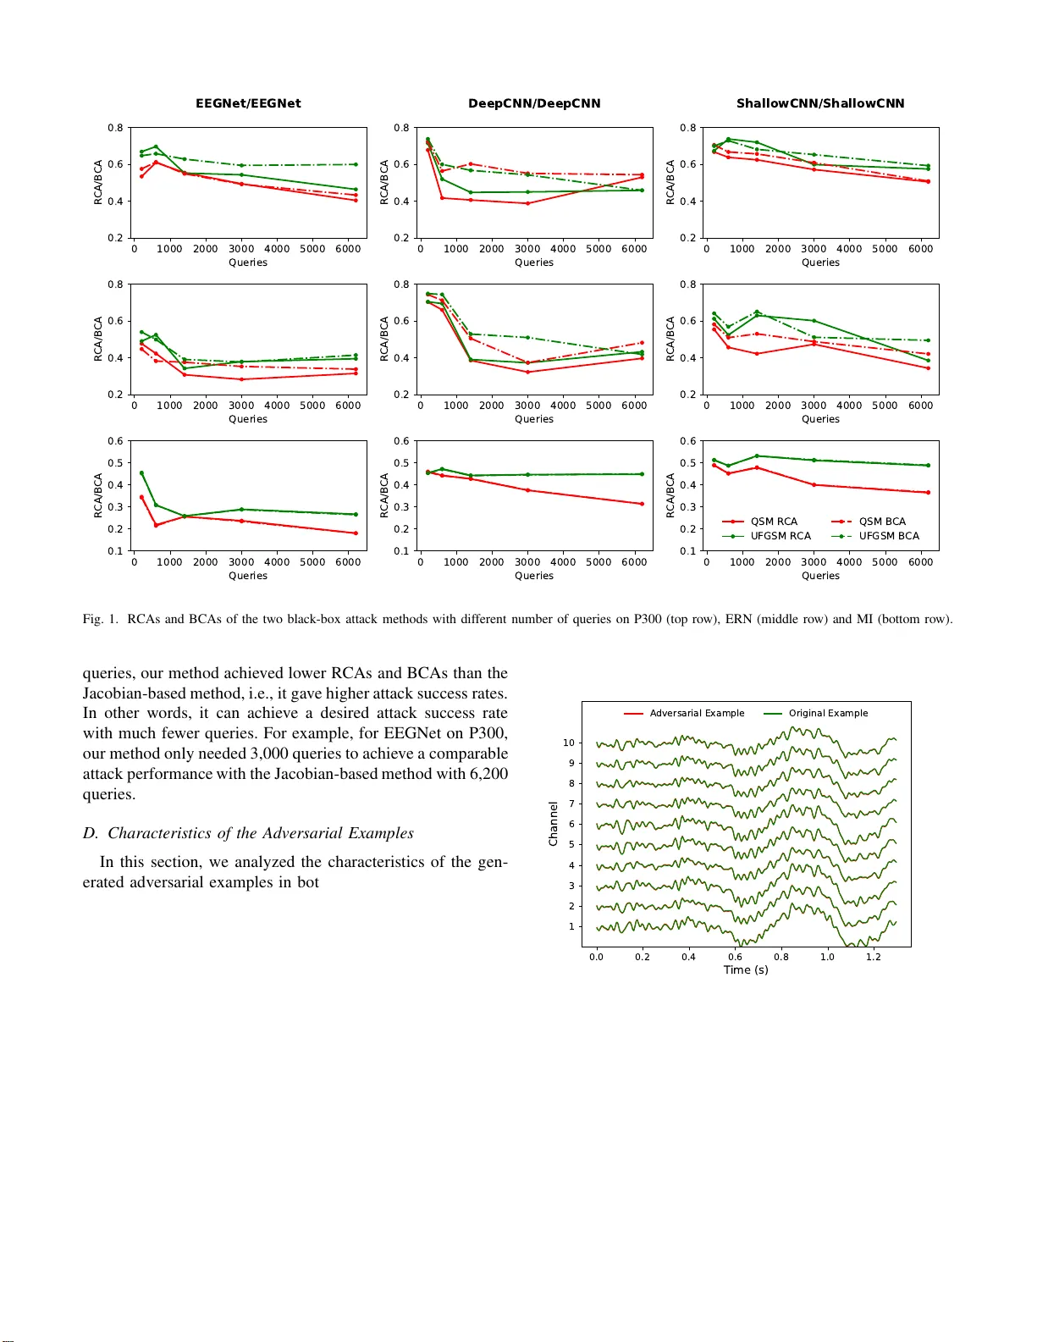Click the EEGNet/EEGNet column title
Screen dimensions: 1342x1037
coord(248,103)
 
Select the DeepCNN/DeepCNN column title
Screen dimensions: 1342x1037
coord(534,103)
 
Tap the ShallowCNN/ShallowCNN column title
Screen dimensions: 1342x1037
coord(820,103)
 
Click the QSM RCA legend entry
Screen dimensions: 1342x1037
coord(773,522)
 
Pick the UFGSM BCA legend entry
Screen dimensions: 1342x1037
coord(888,536)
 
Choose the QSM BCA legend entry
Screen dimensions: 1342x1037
coord(882,522)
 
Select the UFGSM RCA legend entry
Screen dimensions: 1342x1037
coord(780,536)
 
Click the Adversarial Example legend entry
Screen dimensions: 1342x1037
coord(696,713)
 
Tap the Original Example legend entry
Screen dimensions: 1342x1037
coord(828,713)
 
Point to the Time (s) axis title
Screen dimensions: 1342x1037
coord(746,969)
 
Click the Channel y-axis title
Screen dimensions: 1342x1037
coord(554,823)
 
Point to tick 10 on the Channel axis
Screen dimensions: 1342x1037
coord(569,743)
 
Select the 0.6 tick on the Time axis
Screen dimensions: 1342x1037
coord(735,957)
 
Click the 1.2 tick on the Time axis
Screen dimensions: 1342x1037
coord(873,957)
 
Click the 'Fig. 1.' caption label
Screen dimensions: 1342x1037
coord(100,619)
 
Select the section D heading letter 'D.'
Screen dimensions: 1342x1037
coord(91,833)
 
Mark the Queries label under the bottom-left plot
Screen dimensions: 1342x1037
coord(248,576)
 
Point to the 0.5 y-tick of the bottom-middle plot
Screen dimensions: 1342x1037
coord(401,463)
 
